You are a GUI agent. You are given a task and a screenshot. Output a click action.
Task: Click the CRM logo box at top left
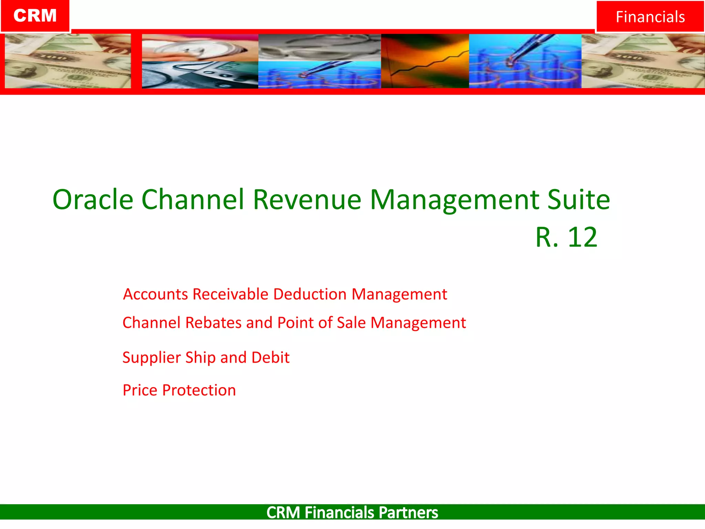(35, 16)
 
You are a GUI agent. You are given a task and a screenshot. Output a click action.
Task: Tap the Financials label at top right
(650, 17)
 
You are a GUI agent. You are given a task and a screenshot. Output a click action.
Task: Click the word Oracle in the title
(93, 199)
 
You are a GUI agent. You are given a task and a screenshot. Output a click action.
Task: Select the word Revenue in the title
(307, 199)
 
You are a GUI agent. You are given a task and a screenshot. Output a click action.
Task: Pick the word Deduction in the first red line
(310, 294)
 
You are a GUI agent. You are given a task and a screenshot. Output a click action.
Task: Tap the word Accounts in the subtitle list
(155, 294)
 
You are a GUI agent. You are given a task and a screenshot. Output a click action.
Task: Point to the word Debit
(270, 357)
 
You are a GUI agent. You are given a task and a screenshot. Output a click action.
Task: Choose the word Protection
(199, 390)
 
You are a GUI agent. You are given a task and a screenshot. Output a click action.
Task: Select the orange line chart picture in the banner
(425, 61)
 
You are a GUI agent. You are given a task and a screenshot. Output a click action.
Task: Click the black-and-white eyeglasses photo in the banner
(319, 48)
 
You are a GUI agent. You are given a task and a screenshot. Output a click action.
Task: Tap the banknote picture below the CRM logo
(67, 61)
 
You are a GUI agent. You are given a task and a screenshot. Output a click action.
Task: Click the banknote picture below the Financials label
(642, 61)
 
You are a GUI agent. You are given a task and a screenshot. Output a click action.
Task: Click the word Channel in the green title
(193, 199)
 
